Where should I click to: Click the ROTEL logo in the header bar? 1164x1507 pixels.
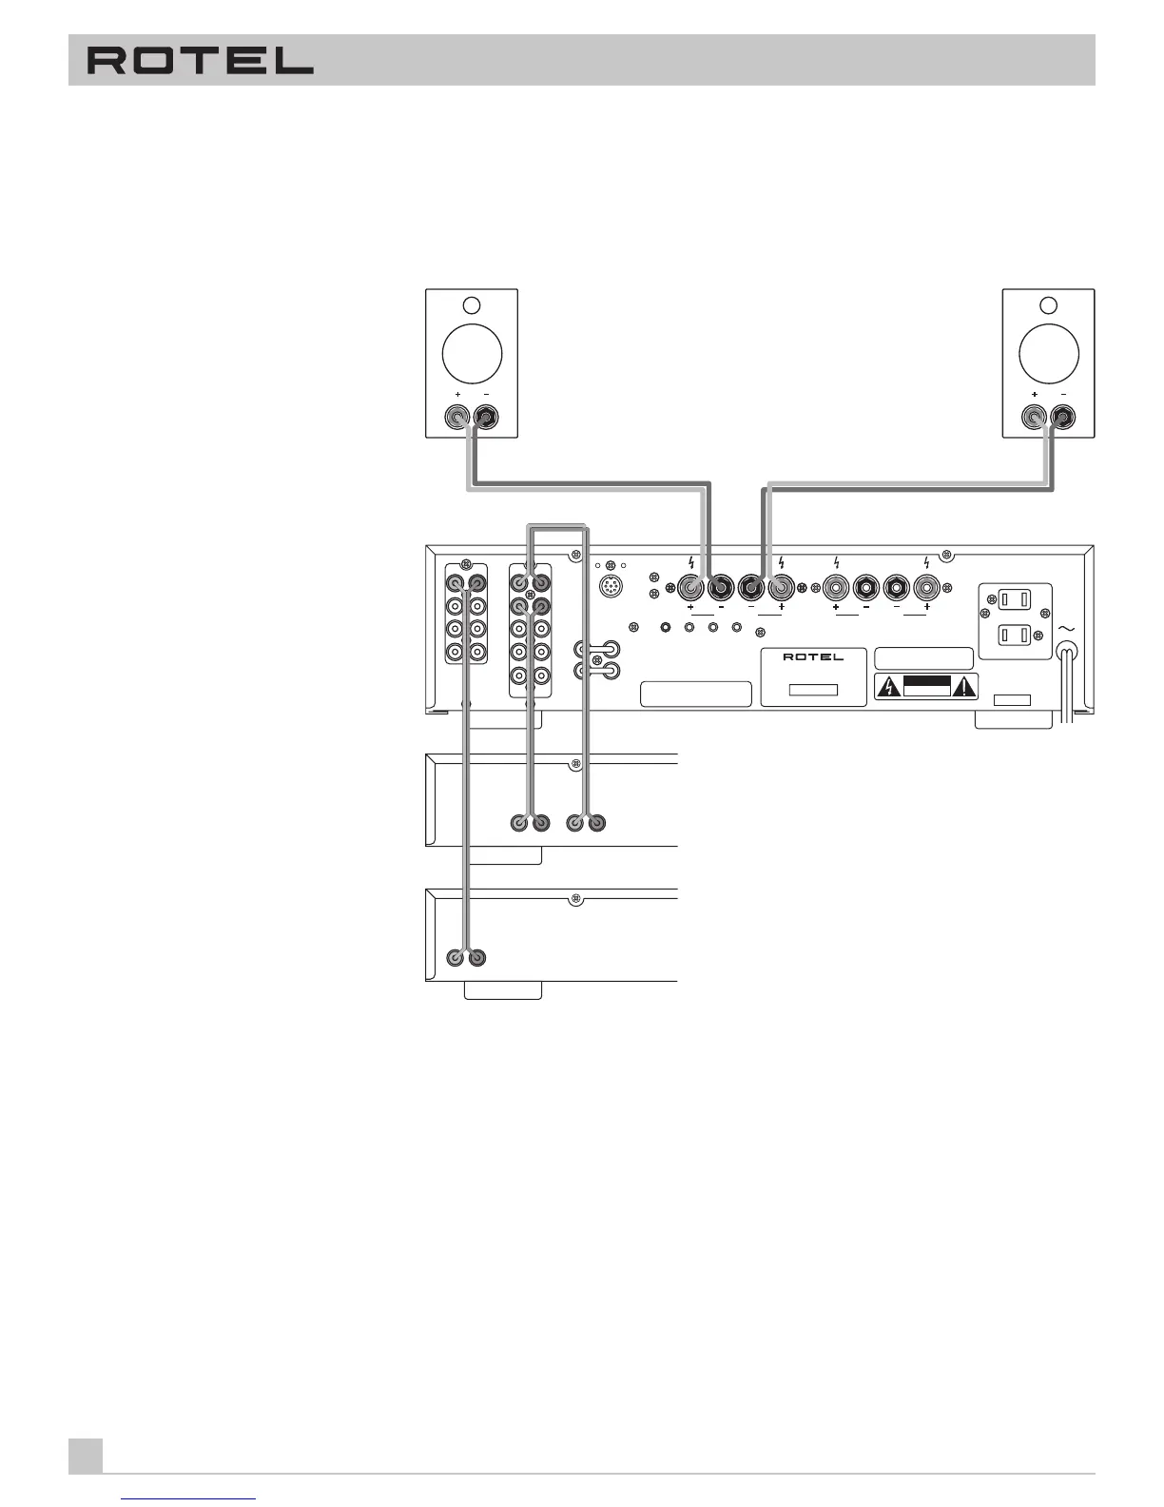coord(201,62)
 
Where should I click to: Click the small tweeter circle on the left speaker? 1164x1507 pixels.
coord(471,306)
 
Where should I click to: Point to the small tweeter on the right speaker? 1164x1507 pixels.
coord(1049,306)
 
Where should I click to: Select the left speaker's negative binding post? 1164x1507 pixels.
coord(486,417)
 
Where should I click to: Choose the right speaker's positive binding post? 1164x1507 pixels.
coord(1035,417)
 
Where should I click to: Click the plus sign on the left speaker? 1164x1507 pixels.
coord(457,394)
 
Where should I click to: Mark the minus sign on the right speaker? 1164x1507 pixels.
coord(1063,394)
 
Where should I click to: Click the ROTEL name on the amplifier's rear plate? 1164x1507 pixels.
coord(813,657)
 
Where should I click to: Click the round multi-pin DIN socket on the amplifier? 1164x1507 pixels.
coord(611,587)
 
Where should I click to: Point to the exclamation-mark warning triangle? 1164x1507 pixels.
coord(966,686)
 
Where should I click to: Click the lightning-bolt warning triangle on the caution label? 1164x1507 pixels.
coord(887,686)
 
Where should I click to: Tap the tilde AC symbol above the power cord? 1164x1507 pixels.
coord(1066,627)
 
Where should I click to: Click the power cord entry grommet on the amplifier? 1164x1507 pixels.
coord(1067,654)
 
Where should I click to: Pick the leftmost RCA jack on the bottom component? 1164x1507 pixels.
coord(456,958)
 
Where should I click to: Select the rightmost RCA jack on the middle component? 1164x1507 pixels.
coord(596,823)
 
